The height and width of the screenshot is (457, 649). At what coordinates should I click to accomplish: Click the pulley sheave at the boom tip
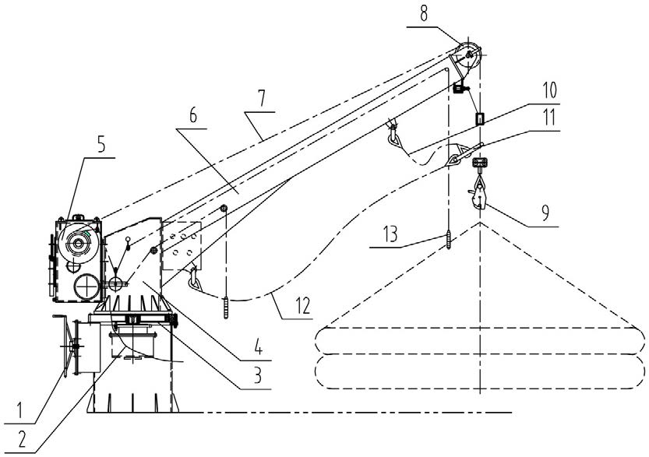click(467, 54)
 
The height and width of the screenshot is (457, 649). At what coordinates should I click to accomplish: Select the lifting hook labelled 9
click(478, 195)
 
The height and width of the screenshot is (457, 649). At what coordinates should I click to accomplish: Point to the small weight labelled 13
click(450, 238)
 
